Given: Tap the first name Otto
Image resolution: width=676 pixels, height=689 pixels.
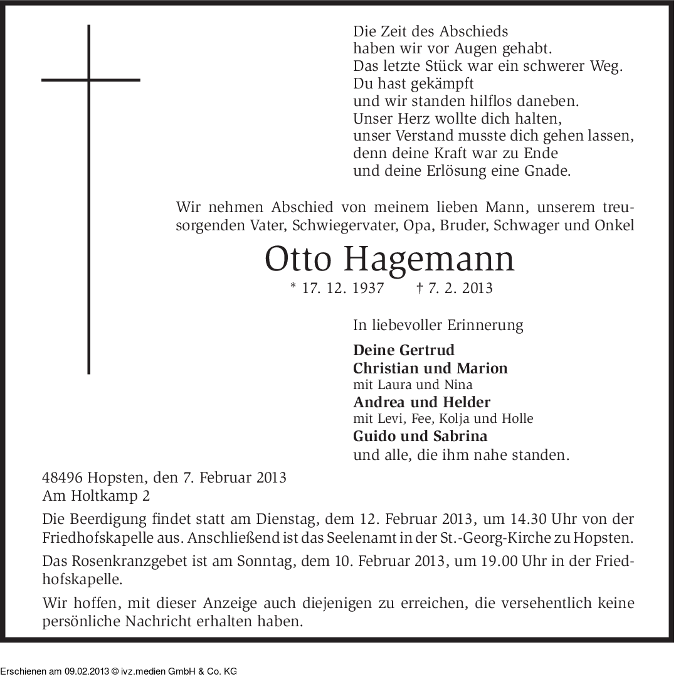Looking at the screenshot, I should tap(294, 259).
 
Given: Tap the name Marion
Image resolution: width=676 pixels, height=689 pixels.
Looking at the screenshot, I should tap(482, 368).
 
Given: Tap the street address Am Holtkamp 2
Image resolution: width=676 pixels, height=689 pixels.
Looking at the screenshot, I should tap(97, 496).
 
